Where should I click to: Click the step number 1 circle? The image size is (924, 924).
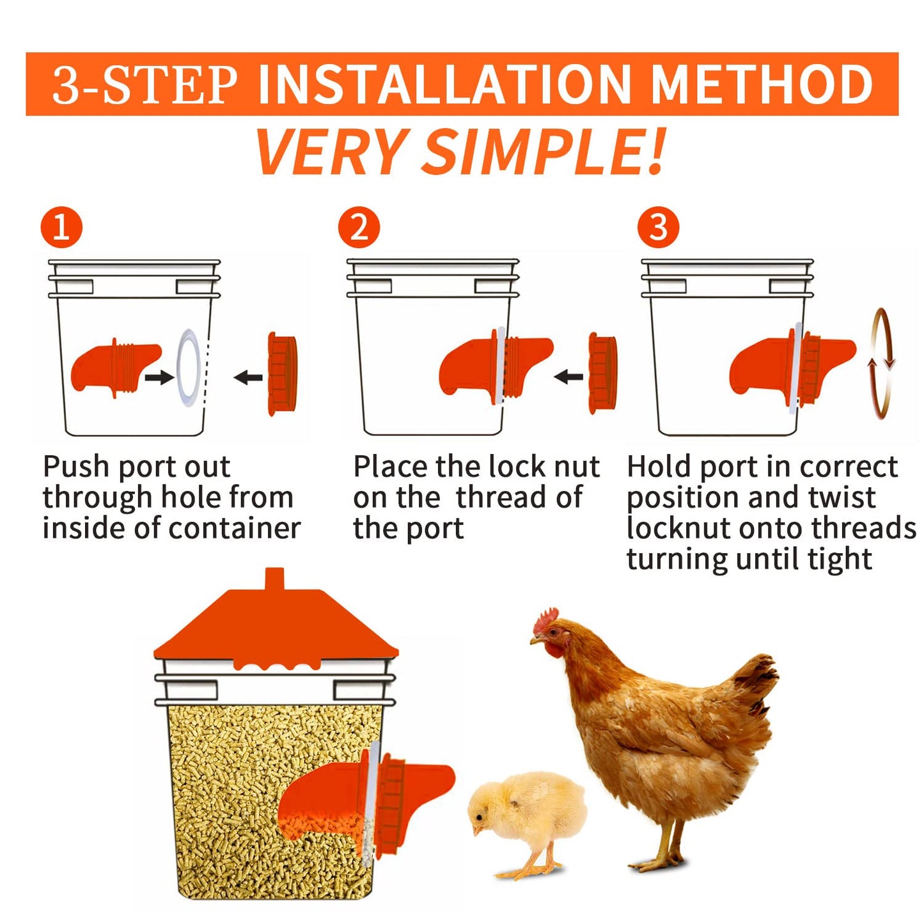tap(61, 227)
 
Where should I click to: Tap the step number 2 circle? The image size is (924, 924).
tap(359, 227)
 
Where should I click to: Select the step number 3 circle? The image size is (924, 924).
tap(658, 227)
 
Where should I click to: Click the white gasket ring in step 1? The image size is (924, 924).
tap(189, 368)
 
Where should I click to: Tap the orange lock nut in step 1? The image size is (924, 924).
tap(283, 373)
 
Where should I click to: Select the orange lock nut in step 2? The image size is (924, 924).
tap(603, 375)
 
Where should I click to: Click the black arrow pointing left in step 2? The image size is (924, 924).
tap(568, 377)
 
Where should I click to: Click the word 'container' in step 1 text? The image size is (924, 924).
tap(235, 529)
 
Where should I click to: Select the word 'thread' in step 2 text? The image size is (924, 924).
tap(501, 497)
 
